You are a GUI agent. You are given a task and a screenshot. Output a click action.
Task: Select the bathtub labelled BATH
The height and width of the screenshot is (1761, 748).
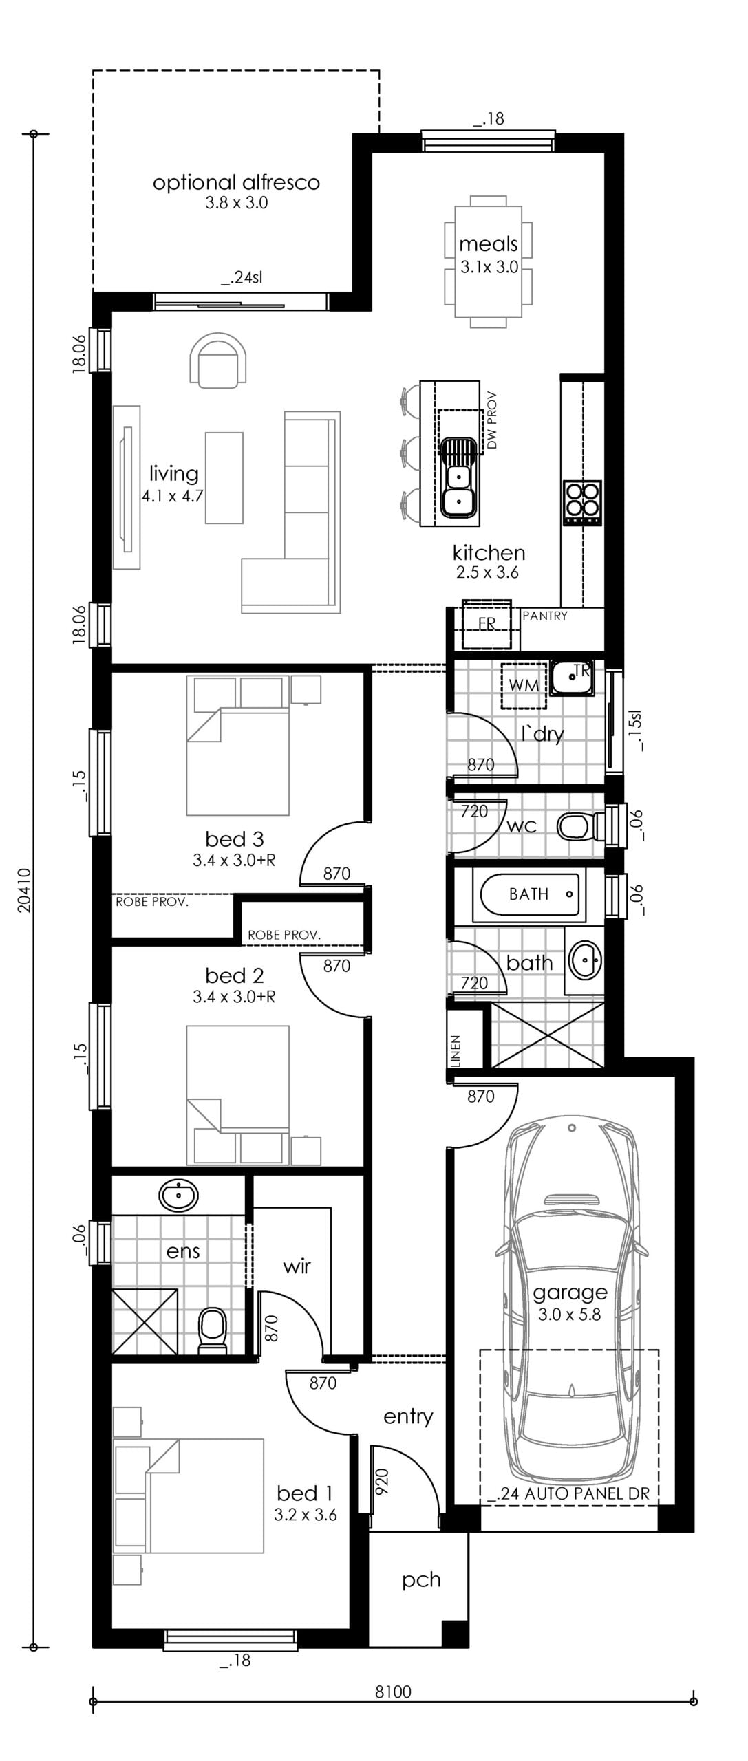(529, 894)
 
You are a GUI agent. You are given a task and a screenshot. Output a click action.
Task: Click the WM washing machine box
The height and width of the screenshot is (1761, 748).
(524, 685)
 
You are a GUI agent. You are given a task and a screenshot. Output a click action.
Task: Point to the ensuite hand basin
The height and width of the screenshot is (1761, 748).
(178, 1196)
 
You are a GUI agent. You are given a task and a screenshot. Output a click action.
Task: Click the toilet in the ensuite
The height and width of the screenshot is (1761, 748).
(212, 1330)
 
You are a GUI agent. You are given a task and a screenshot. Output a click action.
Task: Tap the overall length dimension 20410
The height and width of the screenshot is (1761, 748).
(25, 890)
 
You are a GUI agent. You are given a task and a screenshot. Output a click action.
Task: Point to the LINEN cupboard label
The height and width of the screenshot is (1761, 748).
(456, 1051)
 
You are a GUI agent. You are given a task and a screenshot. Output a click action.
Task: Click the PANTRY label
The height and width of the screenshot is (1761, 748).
(545, 616)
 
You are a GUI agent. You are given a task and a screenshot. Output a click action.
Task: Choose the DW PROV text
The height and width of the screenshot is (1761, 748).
(491, 420)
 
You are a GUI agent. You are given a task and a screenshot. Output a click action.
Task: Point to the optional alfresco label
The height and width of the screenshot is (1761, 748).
(236, 182)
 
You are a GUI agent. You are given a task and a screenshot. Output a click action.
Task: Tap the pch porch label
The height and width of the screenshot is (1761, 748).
(421, 1580)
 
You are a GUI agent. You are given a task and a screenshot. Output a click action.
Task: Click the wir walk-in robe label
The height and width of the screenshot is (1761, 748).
(297, 1266)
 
